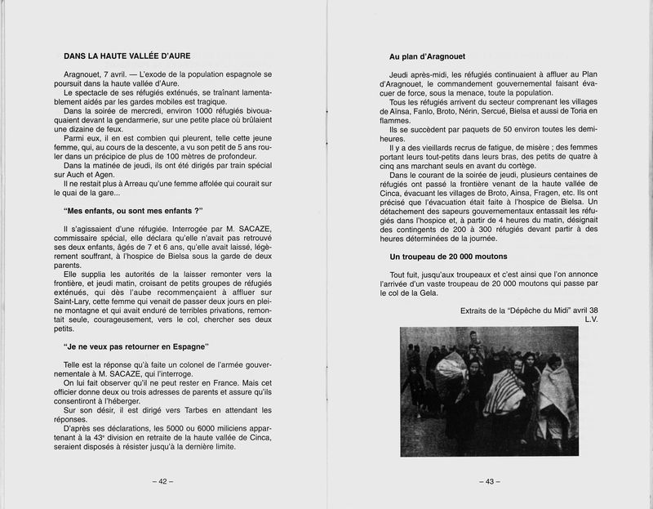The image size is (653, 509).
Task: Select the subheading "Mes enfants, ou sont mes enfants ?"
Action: click(132, 211)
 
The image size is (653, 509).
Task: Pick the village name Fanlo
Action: click(415, 110)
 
